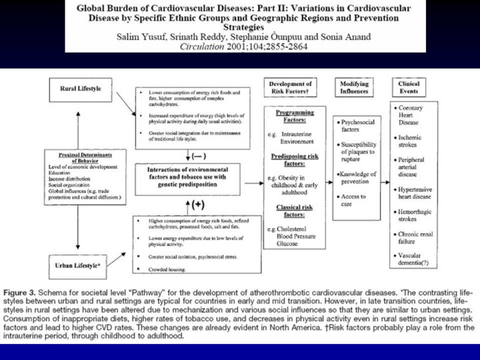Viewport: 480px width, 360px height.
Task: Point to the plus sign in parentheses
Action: pyautogui.click(x=198, y=205)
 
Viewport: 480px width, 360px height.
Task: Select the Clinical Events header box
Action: pyautogui.click(x=409, y=88)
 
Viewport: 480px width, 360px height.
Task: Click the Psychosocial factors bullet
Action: pyautogui.click(x=359, y=127)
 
